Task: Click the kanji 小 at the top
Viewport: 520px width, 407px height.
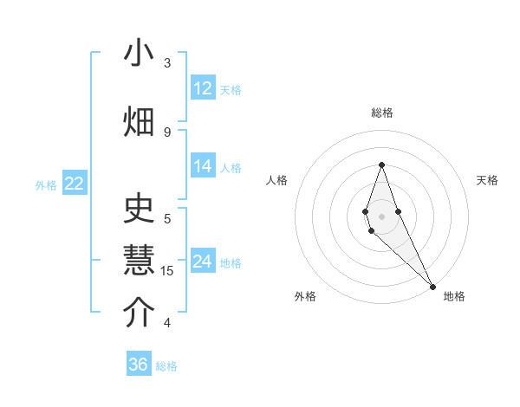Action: (139, 54)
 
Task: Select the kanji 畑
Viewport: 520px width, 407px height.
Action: (139, 121)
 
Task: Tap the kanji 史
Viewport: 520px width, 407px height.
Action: (139, 210)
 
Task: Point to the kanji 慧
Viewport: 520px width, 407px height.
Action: (139, 261)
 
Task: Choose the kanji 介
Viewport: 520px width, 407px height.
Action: (139, 313)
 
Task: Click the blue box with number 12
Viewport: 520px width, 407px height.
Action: (203, 88)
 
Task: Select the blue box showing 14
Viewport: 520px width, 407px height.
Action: (203, 167)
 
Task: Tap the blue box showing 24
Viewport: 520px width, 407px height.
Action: (203, 262)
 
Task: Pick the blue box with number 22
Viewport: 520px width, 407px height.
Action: (75, 184)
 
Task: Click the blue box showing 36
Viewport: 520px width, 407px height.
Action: (139, 365)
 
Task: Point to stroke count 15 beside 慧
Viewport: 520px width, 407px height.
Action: (167, 271)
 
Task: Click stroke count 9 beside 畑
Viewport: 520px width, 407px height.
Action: (167, 132)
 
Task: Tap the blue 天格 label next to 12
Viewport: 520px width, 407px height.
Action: (230, 89)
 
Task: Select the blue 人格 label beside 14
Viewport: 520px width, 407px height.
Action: (230, 168)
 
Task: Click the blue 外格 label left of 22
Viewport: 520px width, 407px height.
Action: (46, 184)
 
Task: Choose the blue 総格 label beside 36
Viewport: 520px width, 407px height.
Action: (166, 366)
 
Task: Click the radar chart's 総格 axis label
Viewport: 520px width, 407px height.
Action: (381, 113)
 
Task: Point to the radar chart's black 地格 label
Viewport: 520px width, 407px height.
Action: (454, 296)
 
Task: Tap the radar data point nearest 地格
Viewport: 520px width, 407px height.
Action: (432, 284)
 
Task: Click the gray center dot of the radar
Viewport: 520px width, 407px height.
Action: (381, 216)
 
